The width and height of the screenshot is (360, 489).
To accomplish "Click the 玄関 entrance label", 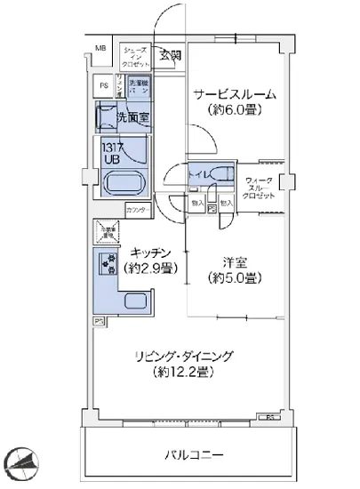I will click(x=169, y=56).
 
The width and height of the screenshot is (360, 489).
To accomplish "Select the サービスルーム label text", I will click(x=234, y=94).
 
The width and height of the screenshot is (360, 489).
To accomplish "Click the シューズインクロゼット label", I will click(x=136, y=56).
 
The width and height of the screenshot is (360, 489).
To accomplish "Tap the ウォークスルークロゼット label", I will click(x=261, y=187).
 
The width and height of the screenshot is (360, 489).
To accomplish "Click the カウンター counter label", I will click(x=137, y=210).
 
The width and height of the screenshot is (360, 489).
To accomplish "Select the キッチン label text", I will click(x=147, y=252).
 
